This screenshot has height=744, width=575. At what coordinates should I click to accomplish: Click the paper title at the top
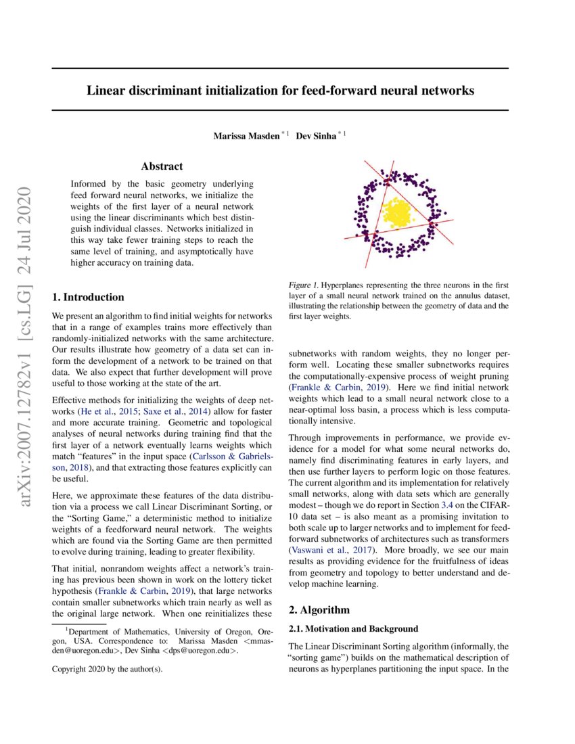pyautogui.click(x=280, y=89)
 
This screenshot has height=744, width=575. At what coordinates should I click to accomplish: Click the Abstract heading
pyautogui.click(x=162, y=166)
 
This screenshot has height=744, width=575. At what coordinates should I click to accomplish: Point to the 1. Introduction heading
pyautogui.click(x=88, y=297)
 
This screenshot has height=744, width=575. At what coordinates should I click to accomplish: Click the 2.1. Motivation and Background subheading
pyautogui.click(x=353, y=629)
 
